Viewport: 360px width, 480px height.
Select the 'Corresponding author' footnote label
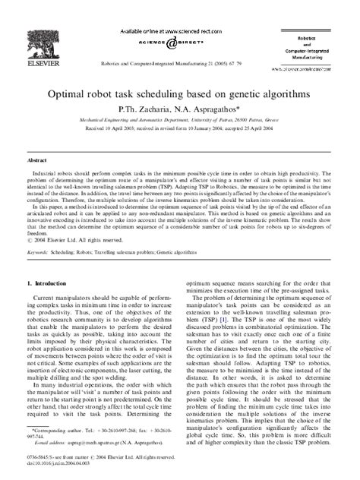click(x=55, y=429)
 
